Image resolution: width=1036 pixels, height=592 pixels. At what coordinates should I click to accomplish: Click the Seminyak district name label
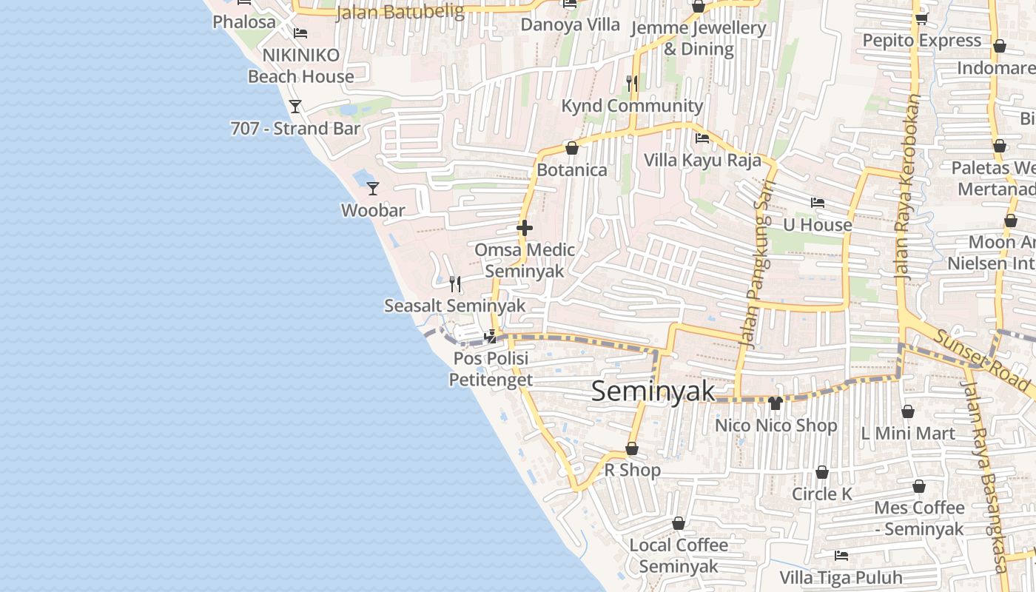[653, 391]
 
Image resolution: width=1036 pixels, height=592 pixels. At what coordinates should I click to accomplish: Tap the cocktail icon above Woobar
[373, 189]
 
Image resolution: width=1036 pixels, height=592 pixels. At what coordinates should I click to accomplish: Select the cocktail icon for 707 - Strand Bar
[295, 107]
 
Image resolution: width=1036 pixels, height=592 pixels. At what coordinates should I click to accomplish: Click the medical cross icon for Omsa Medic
[525, 228]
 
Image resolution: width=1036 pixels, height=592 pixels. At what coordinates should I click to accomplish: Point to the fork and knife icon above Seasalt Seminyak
[455, 283]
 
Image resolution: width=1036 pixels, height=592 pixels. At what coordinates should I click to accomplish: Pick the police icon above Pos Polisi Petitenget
[490, 337]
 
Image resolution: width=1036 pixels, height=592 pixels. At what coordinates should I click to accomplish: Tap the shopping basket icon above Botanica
[571, 148]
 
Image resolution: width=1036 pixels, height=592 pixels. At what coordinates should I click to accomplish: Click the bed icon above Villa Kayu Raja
[702, 138]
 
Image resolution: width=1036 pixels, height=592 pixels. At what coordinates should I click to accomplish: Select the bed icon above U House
[817, 202]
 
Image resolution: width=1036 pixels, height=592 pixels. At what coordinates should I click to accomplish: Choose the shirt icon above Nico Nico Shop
[775, 403]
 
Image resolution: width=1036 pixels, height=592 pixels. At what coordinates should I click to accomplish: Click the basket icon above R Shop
[632, 448]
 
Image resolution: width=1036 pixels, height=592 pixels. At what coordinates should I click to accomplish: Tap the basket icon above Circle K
[821, 472]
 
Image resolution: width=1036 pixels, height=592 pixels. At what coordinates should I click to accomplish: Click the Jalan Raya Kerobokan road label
[906, 185]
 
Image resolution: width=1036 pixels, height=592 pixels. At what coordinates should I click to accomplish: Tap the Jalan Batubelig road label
[400, 12]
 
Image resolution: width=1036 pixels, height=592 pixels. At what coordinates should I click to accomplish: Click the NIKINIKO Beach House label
[300, 66]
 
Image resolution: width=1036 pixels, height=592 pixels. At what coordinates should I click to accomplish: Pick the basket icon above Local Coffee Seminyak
[678, 523]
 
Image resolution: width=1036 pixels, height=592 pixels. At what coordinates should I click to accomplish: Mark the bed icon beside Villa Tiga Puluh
[841, 555]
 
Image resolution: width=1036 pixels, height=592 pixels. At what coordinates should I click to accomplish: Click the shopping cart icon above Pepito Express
[921, 18]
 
